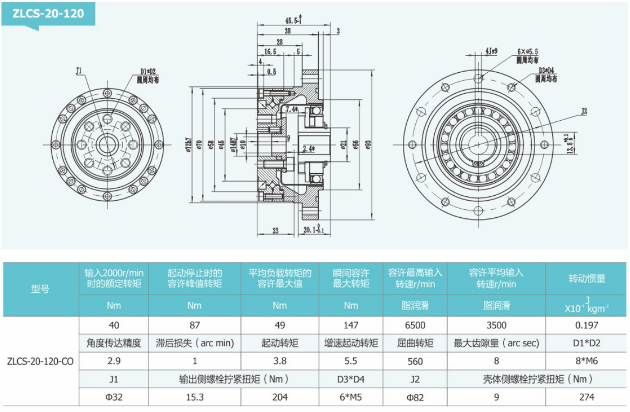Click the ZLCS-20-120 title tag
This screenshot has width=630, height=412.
click(49, 13)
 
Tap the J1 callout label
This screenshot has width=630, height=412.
click(79, 70)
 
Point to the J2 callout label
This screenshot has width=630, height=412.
click(584, 112)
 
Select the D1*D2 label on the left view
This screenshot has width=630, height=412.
click(147, 71)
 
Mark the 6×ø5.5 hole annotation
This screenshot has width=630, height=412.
click(527, 51)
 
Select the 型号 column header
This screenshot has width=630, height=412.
click(40, 289)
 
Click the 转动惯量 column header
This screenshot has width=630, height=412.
click(587, 278)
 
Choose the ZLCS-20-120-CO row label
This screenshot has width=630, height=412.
click(40, 361)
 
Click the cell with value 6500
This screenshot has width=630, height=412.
click(415, 325)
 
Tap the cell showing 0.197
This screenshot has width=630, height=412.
click(587, 325)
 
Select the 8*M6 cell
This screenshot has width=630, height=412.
click(587, 361)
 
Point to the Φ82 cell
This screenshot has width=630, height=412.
click(415, 397)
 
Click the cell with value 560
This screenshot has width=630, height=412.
click(415, 361)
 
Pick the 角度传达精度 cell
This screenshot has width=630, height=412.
click(114, 343)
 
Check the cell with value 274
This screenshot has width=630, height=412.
click(587, 397)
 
